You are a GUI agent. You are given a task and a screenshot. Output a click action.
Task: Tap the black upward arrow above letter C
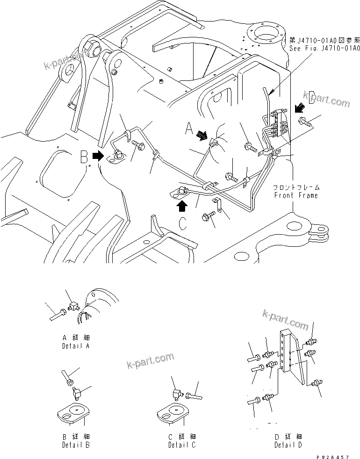(182, 205)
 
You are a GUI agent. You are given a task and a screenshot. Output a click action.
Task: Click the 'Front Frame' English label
(296, 195)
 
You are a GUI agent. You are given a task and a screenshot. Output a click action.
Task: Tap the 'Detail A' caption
(75, 346)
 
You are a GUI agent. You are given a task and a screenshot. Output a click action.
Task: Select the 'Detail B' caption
(75, 445)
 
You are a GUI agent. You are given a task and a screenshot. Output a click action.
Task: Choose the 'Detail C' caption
(182, 445)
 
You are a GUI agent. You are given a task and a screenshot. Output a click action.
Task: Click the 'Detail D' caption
(288, 445)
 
